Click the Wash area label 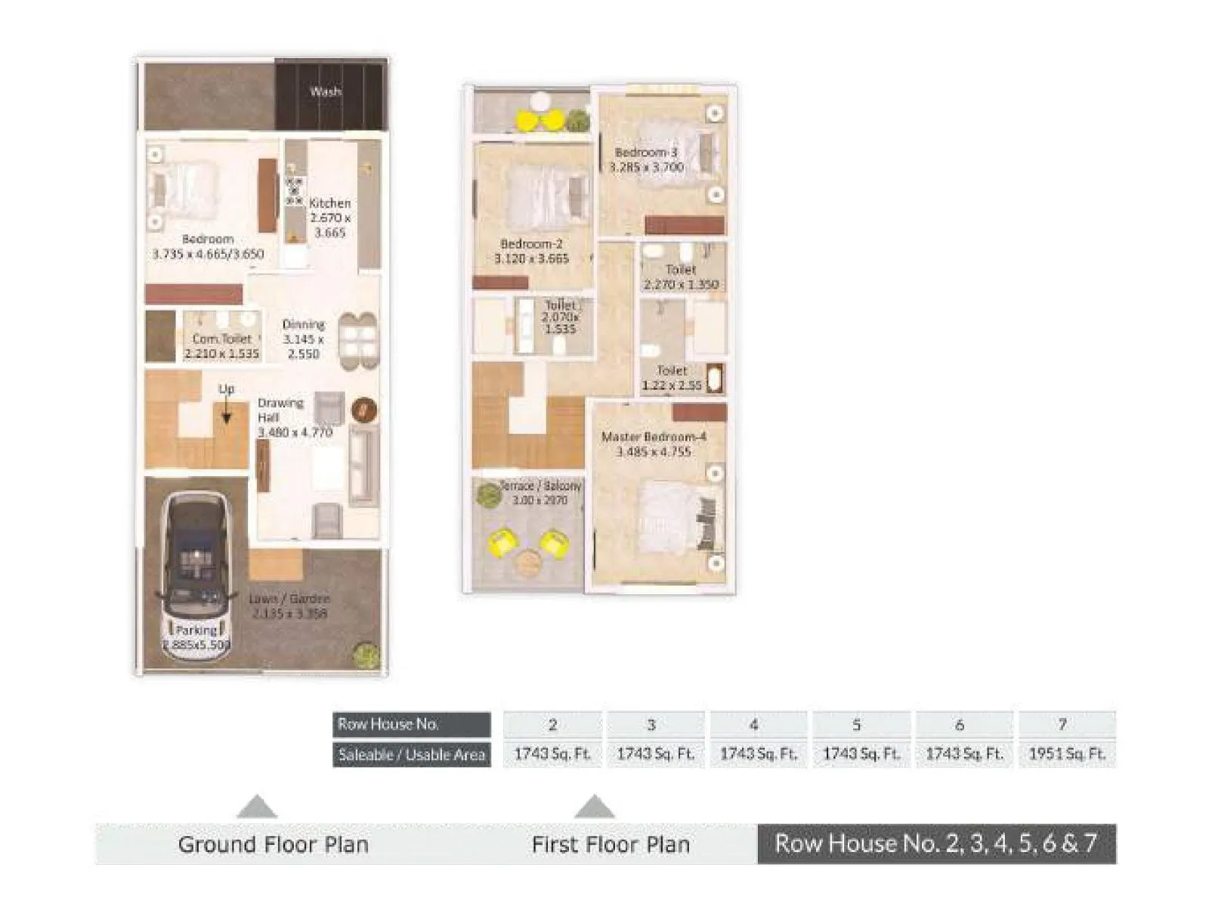coord(326,91)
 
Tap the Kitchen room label coord(330,203)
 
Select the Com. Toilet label coord(221,339)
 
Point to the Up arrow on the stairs coord(226,411)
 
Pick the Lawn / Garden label coord(289,599)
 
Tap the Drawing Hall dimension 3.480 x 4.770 coord(295,433)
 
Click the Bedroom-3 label coord(645,153)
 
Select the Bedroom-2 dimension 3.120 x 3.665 coord(531,259)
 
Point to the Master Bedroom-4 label coord(654,437)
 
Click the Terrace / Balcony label coord(541,486)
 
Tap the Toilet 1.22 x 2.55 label coord(672,378)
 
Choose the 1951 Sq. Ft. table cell coord(1066,754)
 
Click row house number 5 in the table coord(856,724)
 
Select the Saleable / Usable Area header coord(412,754)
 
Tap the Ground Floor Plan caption coord(273,844)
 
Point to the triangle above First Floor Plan coord(594,808)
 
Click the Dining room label coord(304,325)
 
